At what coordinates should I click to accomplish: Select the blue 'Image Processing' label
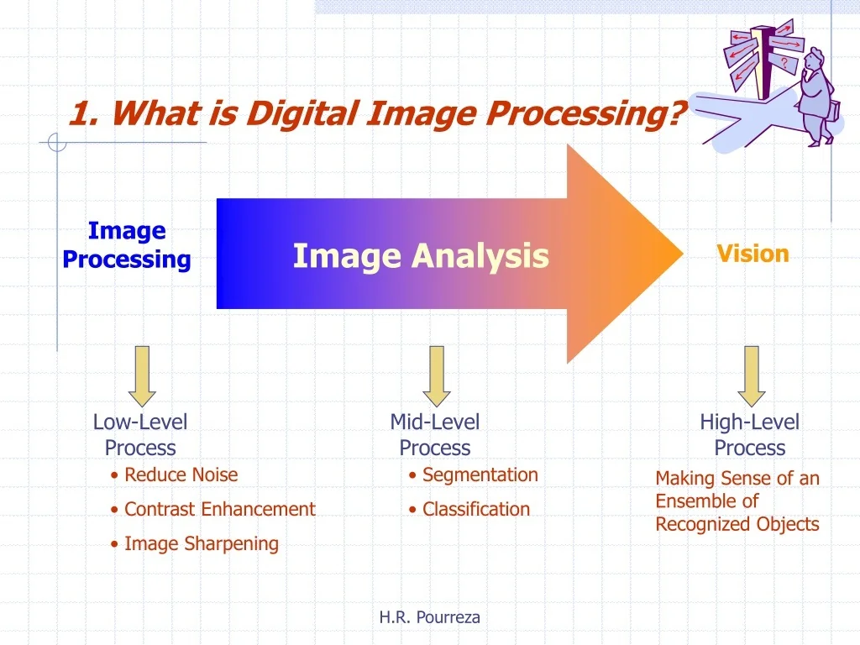[127, 244]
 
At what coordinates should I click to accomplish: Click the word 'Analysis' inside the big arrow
[480, 255]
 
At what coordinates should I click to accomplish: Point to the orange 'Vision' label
[752, 254]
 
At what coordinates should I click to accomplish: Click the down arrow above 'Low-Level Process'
[142, 375]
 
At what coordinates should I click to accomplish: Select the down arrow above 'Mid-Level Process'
[436, 375]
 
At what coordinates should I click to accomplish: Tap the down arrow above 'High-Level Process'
[751, 375]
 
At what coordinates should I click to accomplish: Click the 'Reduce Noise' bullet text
[181, 475]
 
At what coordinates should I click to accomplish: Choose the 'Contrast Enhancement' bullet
[219, 509]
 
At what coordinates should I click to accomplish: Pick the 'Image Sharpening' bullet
[201, 543]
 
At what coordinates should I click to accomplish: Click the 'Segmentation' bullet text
[480, 475]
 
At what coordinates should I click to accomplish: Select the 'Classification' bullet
[475, 509]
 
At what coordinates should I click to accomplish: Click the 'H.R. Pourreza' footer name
[430, 617]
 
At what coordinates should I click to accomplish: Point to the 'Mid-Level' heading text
[435, 422]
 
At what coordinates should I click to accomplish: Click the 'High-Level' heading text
[750, 422]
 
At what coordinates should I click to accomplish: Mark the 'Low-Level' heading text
[140, 422]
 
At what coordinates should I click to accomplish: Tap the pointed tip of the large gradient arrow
[679, 253]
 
